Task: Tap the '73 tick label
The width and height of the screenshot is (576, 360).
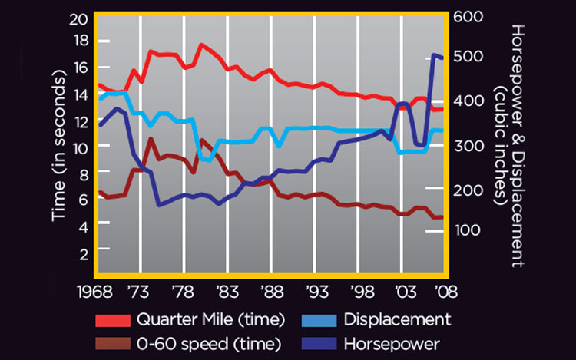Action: (139, 292)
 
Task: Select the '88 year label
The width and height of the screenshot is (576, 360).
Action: (270, 292)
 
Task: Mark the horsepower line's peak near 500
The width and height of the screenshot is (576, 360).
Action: (435, 55)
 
